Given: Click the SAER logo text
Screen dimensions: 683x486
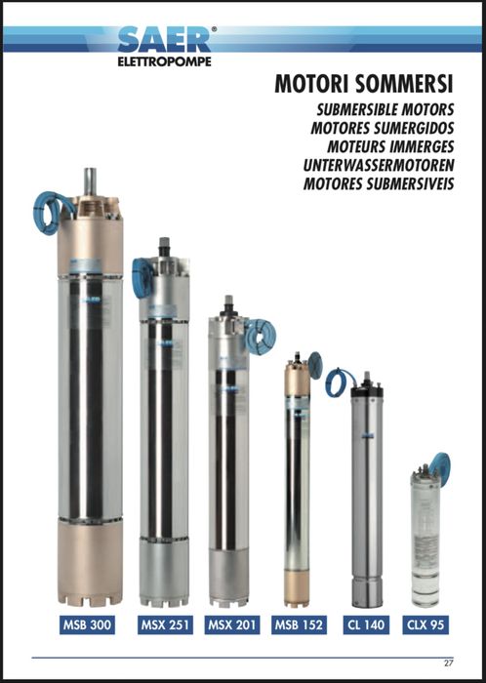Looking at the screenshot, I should [163, 41].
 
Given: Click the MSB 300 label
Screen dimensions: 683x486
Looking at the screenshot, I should [88, 623].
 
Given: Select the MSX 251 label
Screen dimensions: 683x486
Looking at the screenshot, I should [163, 623].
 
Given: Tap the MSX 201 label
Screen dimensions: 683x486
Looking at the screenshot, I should [230, 623].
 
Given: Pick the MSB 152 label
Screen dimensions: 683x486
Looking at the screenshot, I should [300, 623].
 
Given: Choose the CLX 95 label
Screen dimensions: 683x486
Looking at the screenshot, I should [428, 623].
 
